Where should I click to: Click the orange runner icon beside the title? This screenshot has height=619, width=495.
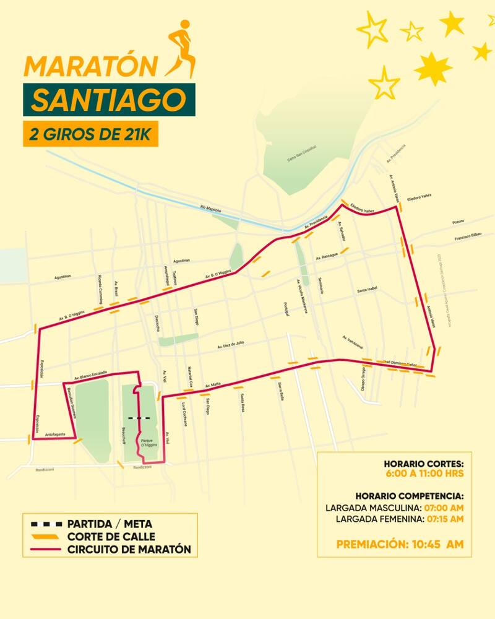(x=181, y=48)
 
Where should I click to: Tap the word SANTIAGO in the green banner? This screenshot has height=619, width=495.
(x=108, y=100)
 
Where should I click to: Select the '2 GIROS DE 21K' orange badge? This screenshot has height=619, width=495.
(x=90, y=135)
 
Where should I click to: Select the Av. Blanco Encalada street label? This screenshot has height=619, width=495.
(x=90, y=374)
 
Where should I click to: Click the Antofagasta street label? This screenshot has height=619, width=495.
(x=56, y=435)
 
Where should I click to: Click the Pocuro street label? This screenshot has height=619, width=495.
(x=458, y=221)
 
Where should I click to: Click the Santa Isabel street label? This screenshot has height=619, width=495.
(x=366, y=289)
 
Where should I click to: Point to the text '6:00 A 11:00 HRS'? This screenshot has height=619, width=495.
(x=424, y=474)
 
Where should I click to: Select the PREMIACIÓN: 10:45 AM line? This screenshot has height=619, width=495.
(x=400, y=545)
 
